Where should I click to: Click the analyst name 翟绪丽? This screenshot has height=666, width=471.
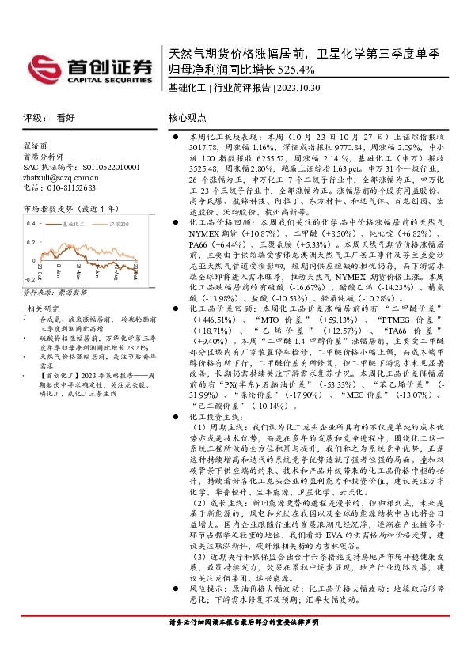click(35, 146)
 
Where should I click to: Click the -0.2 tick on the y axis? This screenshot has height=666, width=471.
click(29, 278)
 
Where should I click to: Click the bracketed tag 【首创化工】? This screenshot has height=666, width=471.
click(55, 376)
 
